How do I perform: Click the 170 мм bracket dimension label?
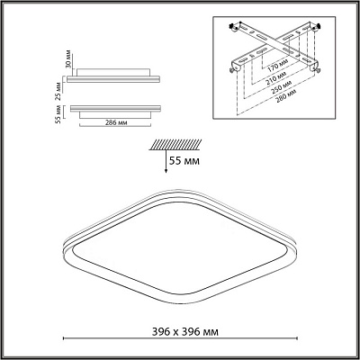(277, 65)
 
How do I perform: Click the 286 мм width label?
(116, 123)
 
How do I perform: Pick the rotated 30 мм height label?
(68, 58)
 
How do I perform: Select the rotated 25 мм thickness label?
(58, 91)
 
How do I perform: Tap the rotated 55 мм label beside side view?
(58, 114)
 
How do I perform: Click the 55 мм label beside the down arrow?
(184, 161)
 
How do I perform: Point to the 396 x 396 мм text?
(185, 332)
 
